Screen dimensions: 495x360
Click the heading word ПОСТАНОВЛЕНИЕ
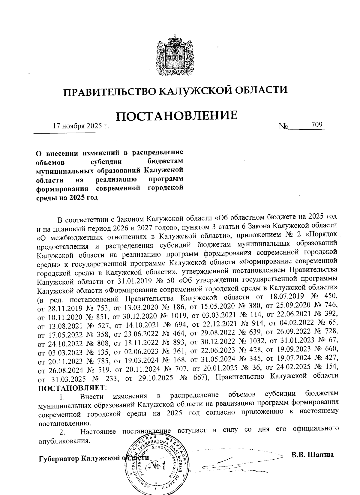coord(177,116)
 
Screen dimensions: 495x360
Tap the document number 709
coord(317,124)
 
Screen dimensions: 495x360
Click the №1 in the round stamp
coord(157,466)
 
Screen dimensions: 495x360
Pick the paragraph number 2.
coord(62,433)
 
